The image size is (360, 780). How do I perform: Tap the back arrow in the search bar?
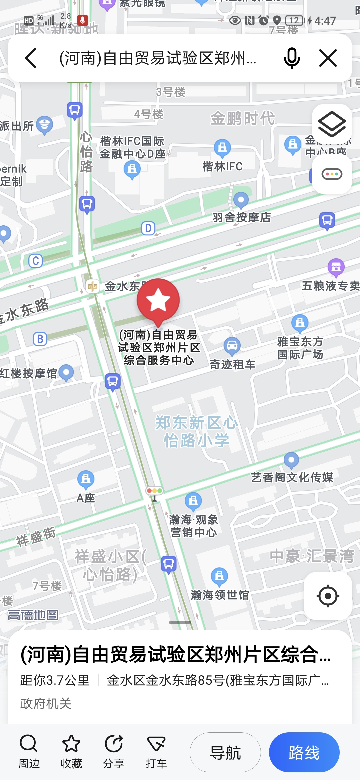point(31,58)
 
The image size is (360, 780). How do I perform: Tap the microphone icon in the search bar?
point(292,58)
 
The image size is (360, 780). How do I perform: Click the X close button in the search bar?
point(328,58)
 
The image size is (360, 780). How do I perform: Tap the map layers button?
point(332,124)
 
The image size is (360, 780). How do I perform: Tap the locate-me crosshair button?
point(328,596)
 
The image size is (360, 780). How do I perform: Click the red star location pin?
point(158,300)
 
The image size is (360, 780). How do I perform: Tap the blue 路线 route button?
point(304,752)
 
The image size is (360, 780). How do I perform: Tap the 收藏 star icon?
point(71,744)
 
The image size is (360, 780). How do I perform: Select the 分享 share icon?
point(114,744)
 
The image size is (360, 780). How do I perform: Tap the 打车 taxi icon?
point(156,744)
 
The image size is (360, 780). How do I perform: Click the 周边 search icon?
point(29,744)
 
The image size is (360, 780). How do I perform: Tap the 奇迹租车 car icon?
point(232,346)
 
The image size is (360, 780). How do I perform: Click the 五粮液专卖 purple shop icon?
point(336,267)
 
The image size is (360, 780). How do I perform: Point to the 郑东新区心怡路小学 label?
point(197,431)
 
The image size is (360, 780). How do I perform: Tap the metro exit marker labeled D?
point(148,228)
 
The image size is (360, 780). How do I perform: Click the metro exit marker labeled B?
point(40,339)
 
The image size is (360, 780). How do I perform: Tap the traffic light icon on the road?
point(154,491)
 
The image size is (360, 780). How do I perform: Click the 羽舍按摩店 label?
point(242,217)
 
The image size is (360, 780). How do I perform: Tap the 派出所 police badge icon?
point(45,125)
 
